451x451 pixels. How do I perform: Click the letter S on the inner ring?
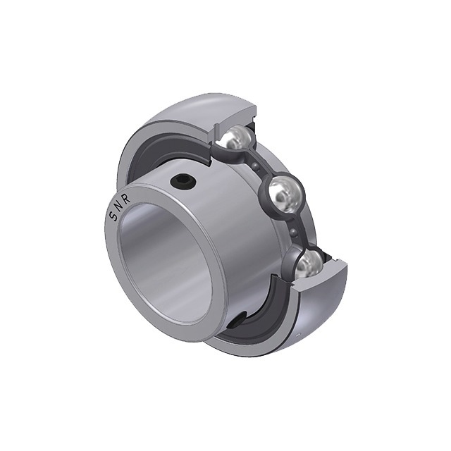coord(113,216)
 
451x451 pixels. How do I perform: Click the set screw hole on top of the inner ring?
coord(183,181)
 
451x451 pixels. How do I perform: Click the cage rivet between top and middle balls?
coord(255,166)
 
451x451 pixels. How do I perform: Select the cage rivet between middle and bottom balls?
coord(293,231)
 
